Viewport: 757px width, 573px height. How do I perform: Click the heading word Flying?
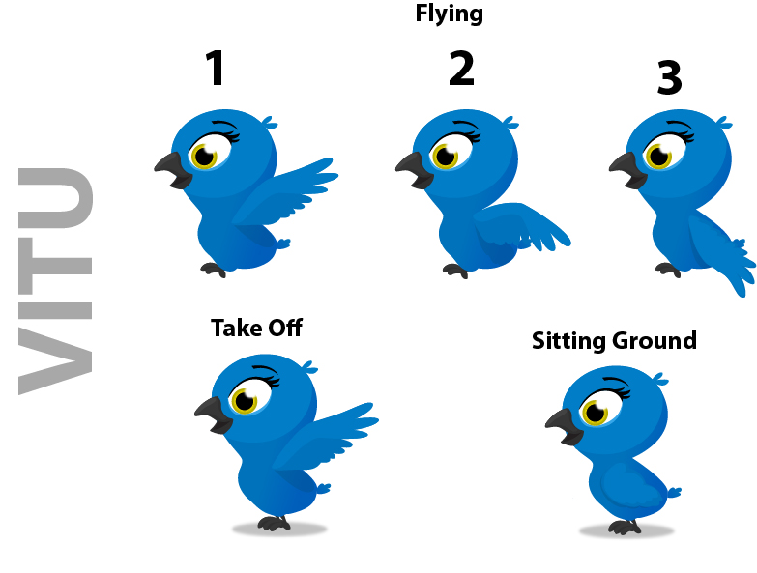tap(449, 14)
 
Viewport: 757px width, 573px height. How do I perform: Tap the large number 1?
tap(216, 68)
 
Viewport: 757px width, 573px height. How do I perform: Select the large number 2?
tap(461, 69)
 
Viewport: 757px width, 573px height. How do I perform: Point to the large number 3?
tap(670, 76)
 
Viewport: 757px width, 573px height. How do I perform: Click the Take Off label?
tap(256, 328)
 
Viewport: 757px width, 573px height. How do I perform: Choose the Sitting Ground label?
tap(614, 340)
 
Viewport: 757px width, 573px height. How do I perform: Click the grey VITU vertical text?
tap(55, 281)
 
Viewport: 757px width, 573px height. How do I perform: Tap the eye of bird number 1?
tap(205, 156)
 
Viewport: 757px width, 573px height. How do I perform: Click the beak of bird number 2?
tap(414, 170)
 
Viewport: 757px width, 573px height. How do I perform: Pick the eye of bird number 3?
tap(659, 156)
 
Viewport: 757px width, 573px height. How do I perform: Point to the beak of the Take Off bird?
tap(213, 415)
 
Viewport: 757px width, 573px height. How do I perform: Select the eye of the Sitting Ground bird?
tap(596, 412)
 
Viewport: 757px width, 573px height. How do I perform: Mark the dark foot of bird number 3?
tap(668, 270)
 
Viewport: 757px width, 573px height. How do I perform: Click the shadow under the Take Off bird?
tap(279, 530)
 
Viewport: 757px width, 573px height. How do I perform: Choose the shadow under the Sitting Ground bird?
tap(626, 531)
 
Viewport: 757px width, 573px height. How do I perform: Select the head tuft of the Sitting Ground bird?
tap(660, 379)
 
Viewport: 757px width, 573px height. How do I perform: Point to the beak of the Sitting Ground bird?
tap(564, 426)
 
